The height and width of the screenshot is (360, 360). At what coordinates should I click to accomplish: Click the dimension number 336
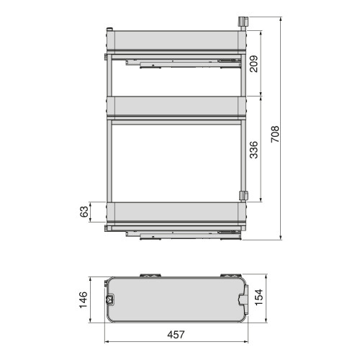click(254, 149)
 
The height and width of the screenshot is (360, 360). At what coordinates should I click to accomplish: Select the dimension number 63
click(84, 212)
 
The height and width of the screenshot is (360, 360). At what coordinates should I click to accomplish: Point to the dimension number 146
click(84, 298)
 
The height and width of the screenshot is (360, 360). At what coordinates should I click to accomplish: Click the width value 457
click(175, 334)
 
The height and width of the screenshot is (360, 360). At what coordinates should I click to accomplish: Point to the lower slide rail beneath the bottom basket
click(176, 231)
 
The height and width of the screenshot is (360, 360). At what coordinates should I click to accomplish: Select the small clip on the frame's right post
click(243, 194)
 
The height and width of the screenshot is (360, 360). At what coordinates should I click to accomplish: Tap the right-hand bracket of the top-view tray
click(245, 297)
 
